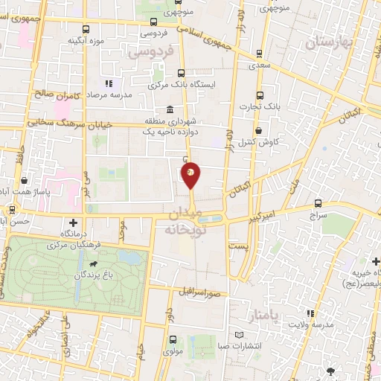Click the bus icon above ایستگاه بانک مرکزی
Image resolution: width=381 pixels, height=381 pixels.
click(182, 73)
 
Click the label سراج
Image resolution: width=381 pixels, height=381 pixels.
click(318, 214)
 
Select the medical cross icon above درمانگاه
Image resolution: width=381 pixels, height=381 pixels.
click(73, 222)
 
